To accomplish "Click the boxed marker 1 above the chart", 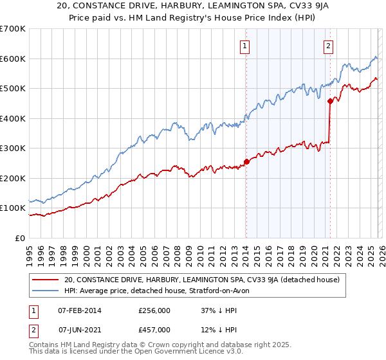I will (x=246, y=46).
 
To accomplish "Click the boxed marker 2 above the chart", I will (x=329, y=46).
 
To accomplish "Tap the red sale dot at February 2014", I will (x=246, y=162).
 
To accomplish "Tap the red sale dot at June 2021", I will (x=330, y=101).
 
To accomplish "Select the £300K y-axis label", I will (x=13, y=148).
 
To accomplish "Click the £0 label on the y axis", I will (x=19, y=238).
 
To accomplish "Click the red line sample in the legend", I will (x=46, y=280).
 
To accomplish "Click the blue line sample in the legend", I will (x=46, y=291).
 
